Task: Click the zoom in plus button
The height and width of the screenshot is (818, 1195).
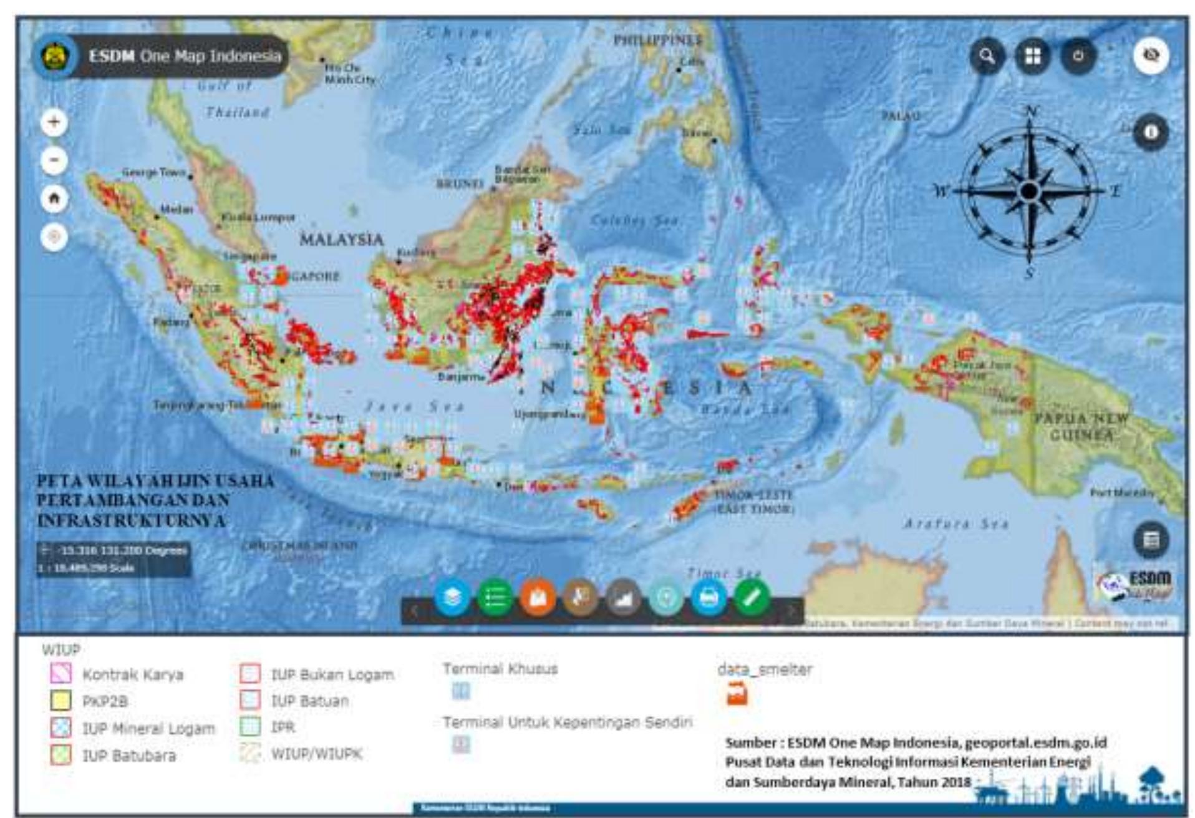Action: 54,122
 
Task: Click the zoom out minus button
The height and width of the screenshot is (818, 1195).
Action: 54,160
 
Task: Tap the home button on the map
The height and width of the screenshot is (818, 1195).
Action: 54,199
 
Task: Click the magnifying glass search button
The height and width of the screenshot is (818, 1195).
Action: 987,56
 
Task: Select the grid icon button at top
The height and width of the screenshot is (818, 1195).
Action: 1033,56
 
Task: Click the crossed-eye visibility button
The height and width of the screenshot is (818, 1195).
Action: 1151,56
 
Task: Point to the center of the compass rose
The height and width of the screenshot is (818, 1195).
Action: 1030,191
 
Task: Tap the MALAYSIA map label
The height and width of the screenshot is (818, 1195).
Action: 341,240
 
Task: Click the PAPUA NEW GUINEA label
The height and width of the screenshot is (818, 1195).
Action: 1081,426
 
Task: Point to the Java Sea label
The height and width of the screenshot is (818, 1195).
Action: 415,406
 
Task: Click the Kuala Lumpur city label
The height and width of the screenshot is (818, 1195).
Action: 258,217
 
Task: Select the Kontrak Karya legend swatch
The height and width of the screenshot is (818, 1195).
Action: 60,674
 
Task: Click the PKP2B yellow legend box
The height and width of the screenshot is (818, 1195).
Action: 60,701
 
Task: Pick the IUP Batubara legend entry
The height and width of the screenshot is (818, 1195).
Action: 129,756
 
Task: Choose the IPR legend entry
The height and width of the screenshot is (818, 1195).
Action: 283,727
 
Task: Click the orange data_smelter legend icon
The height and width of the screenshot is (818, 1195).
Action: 737,694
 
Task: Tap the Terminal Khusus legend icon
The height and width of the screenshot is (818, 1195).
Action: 461,691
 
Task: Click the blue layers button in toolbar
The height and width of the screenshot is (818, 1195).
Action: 452,598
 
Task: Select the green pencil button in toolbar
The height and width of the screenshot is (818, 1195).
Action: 752,598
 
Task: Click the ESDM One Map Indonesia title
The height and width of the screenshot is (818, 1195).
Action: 185,56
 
